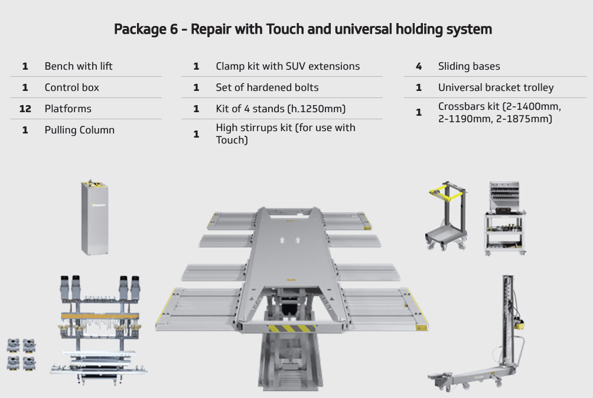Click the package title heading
pyautogui.click(x=302, y=29)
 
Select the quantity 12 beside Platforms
pyautogui.click(x=25, y=109)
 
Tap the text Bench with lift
pyautogui.click(x=78, y=66)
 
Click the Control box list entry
pyautogui.click(x=71, y=87)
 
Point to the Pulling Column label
pyautogui.click(x=79, y=130)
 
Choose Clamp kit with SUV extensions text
pyautogui.click(x=287, y=66)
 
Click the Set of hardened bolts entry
pyautogui.click(x=267, y=87)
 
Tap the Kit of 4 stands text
pyautogui.click(x=280, y=109)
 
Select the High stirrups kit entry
pyautogui.click(x=285, y=133)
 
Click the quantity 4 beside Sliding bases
pyautogui.click(x=419, y=66)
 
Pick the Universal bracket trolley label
pyautogui.click(x=496, y=87)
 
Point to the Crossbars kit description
pyautogui.click(x=498, y=112)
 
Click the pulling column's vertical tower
pyautogui.click(x=506, y=319)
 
